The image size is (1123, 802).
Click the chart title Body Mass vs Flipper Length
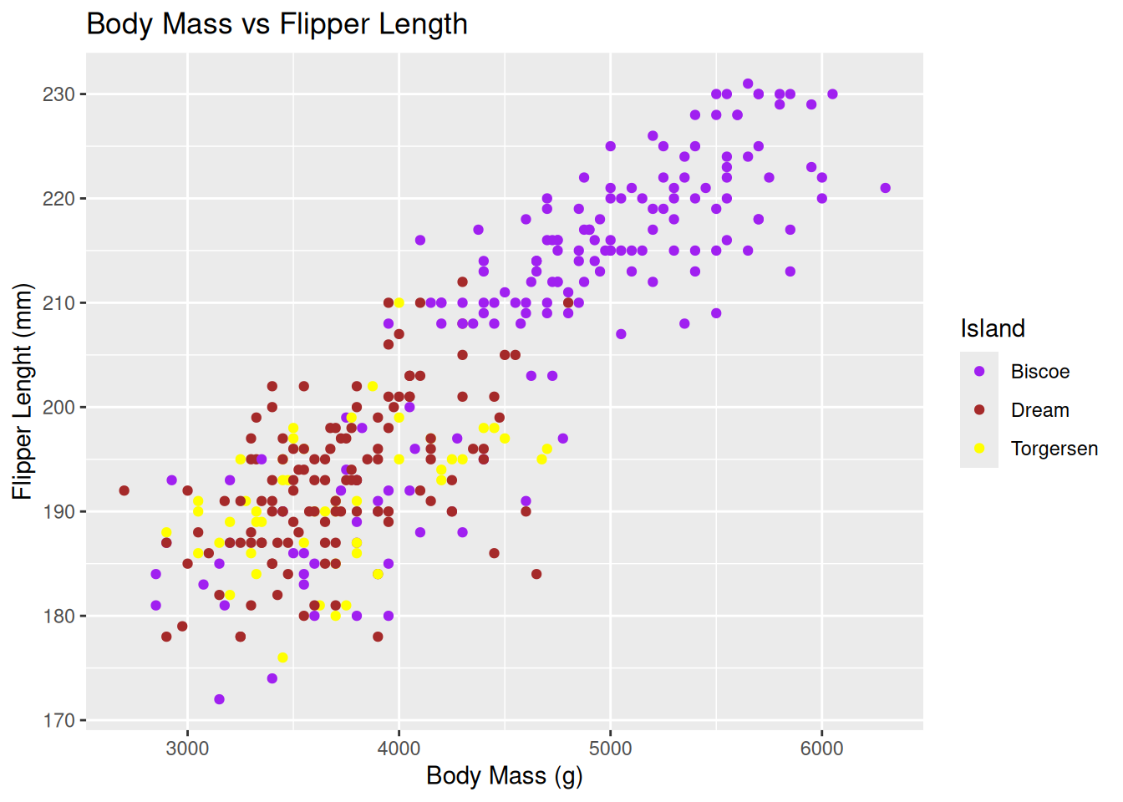[277, 24]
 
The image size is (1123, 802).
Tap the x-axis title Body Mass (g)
[504, 775]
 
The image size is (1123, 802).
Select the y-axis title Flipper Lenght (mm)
[23, 392]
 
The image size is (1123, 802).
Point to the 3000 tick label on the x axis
[187, 749]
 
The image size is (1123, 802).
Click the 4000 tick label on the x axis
[399, 749]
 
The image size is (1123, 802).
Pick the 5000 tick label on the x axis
[610, 749]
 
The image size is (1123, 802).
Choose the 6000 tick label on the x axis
[821, 749]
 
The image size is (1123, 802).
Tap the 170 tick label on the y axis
[58, 720]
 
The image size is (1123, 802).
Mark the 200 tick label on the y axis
[58, 407]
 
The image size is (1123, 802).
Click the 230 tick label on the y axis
[58, 94]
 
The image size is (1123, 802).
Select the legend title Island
[993, 328]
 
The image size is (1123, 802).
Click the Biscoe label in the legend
[1039, 372]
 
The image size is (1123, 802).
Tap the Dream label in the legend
[1039, 410]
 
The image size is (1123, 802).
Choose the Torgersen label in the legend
[1054, 449]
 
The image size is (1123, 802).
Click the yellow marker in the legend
[979, 449]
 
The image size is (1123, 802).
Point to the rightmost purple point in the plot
[885, 188]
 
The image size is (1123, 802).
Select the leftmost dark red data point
[124, 490]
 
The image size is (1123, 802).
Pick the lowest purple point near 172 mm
[219, 699]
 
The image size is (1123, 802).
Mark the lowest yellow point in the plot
[282, 657]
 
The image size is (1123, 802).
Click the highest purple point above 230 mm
[748, 84]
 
